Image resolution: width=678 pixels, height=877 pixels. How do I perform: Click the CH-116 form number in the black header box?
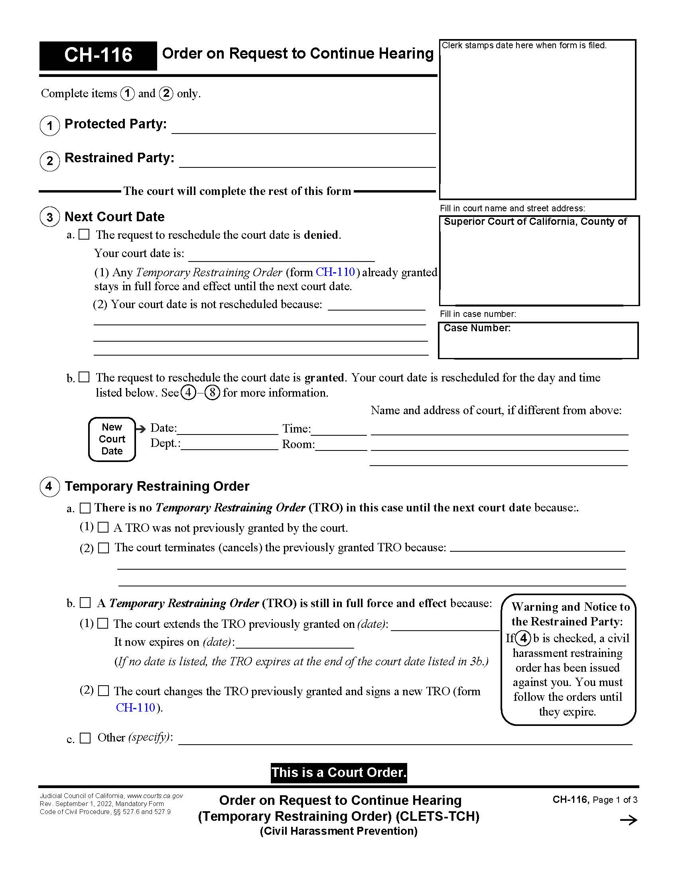tap(98, 55)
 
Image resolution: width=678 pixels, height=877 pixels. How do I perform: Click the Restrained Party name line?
tap(307, 162)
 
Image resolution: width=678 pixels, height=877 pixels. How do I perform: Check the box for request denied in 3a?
tap(84, 234)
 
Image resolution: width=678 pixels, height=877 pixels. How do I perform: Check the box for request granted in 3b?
tap(84, 377)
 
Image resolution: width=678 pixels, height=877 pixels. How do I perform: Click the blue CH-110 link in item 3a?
tap(335, 272)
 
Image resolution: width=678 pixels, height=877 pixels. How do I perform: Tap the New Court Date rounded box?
tap(112, 439)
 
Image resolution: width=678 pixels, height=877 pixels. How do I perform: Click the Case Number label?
tap(477, 328)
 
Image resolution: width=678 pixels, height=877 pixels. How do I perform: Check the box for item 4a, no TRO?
tap(85, 508)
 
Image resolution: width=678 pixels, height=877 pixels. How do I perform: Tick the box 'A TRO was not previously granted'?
tap(103, 527)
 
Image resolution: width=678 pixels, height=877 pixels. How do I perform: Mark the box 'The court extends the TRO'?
tap(103, 623)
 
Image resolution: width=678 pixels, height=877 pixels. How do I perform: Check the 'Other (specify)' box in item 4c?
tap(85, 737)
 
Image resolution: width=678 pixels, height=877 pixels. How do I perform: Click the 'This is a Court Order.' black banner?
tap(339, 773)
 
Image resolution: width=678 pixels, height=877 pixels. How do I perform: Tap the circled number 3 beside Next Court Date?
tap(50, 217)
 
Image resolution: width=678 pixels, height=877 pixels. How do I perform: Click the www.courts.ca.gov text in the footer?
tap(155, 796)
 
